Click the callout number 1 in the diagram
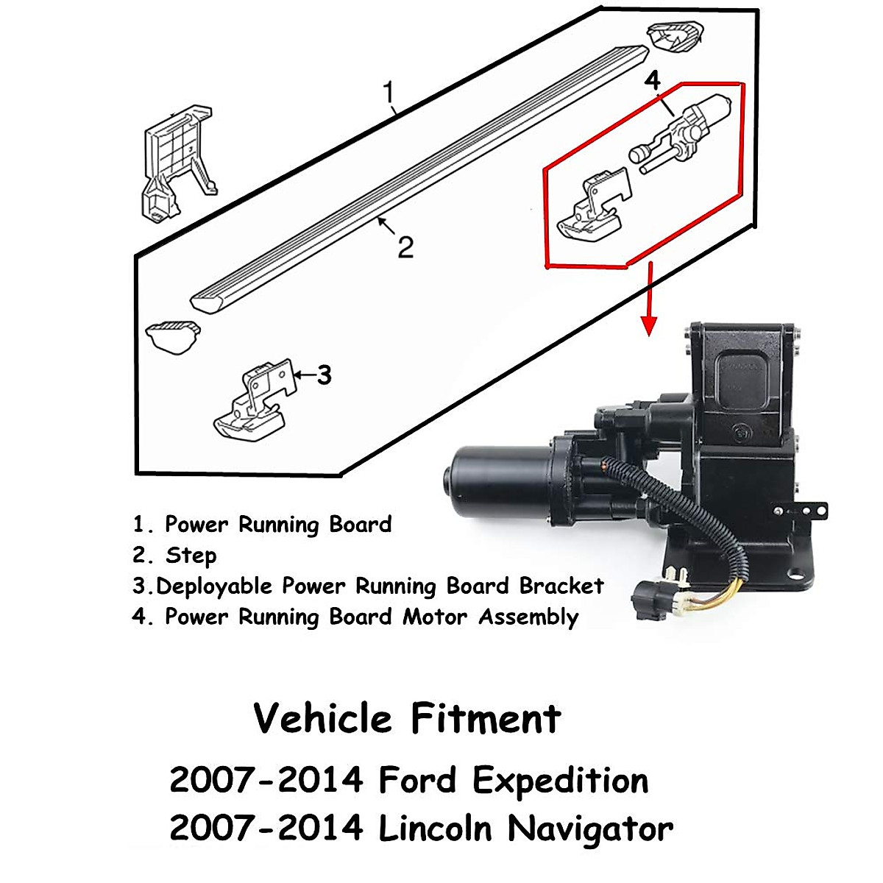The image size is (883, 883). [x=389, y=93]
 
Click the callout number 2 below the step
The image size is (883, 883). [x=405, y=247]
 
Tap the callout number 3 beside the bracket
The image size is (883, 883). [x=324, y=375]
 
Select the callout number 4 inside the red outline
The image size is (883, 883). [x=652, y=81]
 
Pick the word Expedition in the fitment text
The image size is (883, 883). [x=560, y=781]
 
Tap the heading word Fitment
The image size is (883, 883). [x=486, y=718]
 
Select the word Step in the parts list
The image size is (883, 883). [x=191, y=556]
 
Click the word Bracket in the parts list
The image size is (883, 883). [x=561, y=586]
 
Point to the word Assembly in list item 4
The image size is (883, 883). [x=528, y=617]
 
